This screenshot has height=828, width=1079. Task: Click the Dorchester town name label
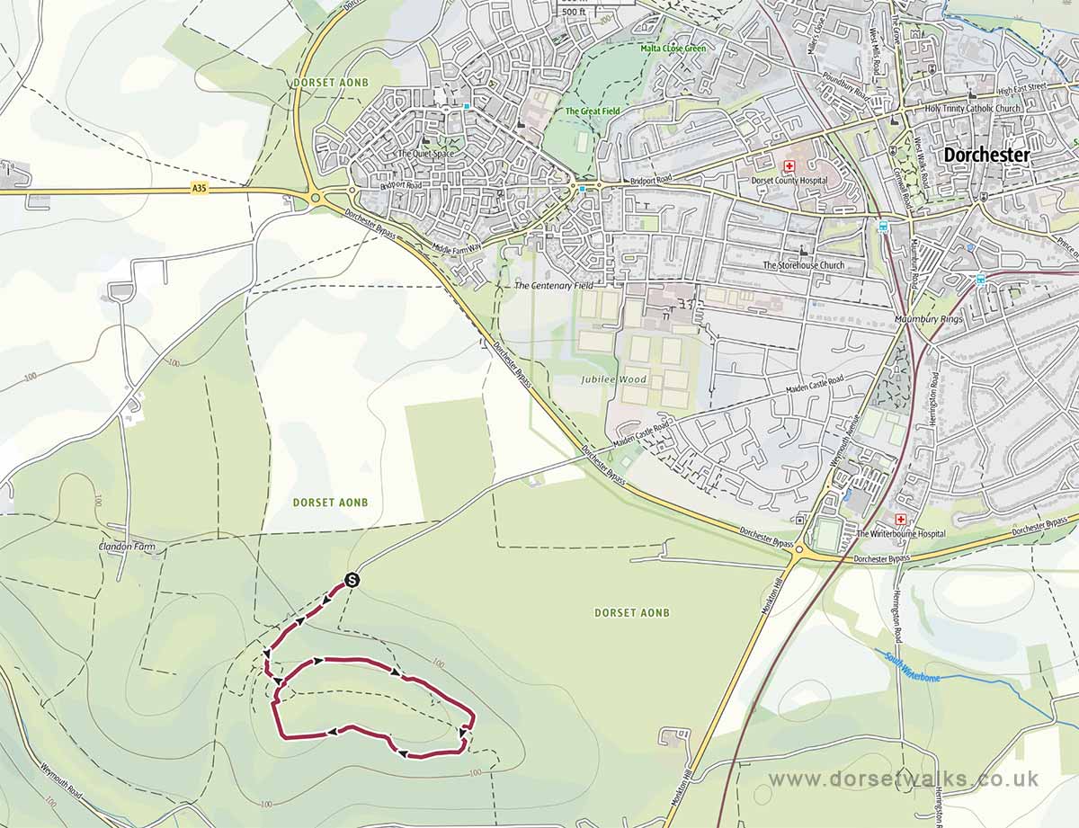[986, 155]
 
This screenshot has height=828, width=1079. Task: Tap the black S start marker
[352, 581]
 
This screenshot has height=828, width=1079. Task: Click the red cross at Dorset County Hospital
[790, 166]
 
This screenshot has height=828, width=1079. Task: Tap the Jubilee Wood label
[613, 379]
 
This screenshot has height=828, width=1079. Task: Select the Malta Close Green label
[673, 48]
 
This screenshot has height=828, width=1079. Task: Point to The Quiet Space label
[426, 154]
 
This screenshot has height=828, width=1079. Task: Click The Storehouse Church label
[804, 265]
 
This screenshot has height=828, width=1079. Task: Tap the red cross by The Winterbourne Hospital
[901, 520]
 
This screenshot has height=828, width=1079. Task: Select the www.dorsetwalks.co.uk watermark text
[904, 779]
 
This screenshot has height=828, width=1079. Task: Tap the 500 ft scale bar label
[573, 12]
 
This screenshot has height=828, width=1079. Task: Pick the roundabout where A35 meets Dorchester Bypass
[316, 198]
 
